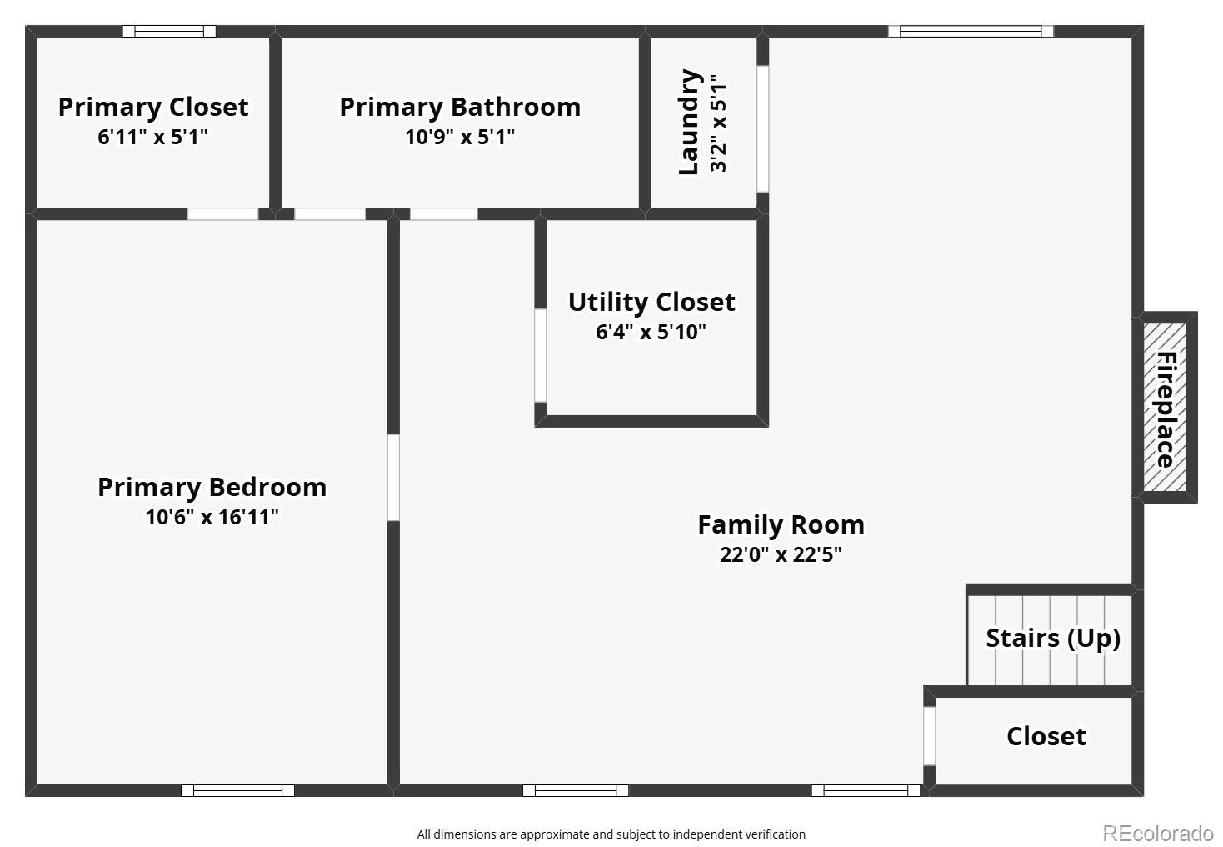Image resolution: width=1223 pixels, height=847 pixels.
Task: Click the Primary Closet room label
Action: [152, 107]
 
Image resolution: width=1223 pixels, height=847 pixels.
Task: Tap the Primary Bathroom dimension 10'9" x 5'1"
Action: [460, 137]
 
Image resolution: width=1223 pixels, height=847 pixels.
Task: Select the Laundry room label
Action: [688, 122]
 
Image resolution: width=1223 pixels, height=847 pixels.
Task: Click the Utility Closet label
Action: [651, 302]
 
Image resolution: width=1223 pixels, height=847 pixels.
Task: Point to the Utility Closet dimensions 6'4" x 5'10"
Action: [651, 333]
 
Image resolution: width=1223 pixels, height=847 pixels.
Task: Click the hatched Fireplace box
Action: [1165, 408]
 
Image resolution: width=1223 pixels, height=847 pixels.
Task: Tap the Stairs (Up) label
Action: [1052, 638]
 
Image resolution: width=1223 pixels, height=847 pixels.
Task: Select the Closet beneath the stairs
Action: [1046, 736]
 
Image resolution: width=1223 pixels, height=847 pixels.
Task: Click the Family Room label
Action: [781, 524]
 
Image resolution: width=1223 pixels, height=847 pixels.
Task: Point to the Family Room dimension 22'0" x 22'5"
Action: [781, 555]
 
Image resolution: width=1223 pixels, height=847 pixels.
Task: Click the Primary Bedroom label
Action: [212, 487]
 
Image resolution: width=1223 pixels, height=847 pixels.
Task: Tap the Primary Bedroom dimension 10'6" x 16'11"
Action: [212, 518]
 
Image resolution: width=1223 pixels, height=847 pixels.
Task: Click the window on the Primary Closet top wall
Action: [169, 32]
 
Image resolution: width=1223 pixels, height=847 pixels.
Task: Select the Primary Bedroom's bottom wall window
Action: [237, 790]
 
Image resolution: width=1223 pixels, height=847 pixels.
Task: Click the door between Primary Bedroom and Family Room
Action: [393, 478]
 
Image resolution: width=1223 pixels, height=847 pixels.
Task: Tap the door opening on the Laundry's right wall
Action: [762, 129]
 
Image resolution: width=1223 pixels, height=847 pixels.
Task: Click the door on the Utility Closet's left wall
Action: [540, 355]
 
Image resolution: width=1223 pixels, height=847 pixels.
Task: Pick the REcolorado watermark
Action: [1157, 833]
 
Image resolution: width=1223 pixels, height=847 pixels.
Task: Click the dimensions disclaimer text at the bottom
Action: [611, 834]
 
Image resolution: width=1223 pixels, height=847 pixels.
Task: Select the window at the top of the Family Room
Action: [971, 32]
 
